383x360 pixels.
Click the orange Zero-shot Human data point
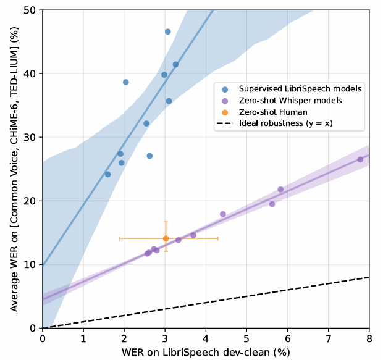click(x=166, y=238)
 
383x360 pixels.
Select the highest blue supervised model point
click(x=167, y=31)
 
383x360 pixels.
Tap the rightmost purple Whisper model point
click(x=360, y=159)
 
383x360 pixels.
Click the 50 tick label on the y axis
click(x=30, y=10)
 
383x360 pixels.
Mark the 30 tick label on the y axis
click(x=30, y=137)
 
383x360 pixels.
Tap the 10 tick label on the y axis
click(x=30, y=264)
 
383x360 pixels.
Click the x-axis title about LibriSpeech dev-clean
click(x=206, y=352)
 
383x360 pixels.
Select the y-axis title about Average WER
click(x=13, y=169)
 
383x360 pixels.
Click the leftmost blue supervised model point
click(x=107, y=174)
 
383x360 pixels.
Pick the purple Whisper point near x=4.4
click(x=223, y=214)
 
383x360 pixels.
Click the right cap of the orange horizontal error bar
click(x=218, y=238)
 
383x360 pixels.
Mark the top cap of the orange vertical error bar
click(x=166, y=222)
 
